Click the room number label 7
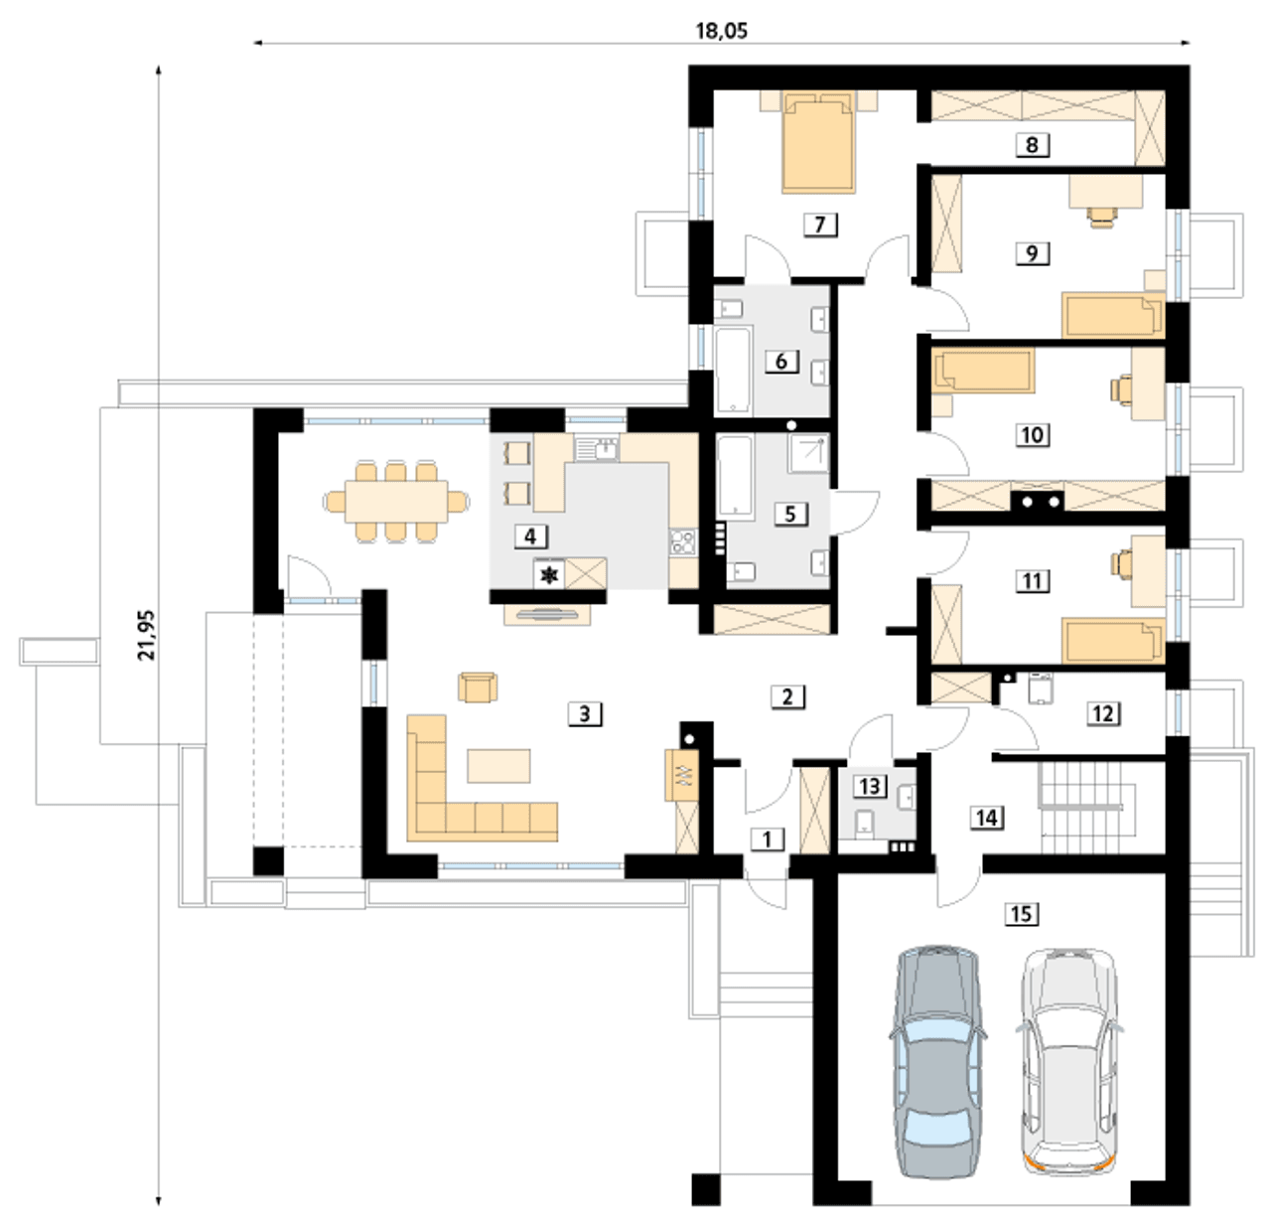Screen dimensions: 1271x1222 coord(820,225)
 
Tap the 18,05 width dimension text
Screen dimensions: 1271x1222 coord(721,31)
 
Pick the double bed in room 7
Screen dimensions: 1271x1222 coord(819,142)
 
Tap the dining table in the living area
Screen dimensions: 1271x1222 coord(396,501)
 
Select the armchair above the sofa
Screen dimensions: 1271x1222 coord(478,687)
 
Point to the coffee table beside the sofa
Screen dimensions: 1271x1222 coord(499,765)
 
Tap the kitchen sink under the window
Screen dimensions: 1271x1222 coord(597,449)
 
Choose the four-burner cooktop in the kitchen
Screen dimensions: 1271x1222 coord(683,541)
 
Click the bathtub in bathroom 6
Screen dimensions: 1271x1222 coord(733,370)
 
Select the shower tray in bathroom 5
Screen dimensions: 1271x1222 coord(808,452)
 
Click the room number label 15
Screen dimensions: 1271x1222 coord(1022,914)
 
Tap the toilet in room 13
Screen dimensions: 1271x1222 coord(865,824)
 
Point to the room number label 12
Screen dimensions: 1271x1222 coord(1103,713)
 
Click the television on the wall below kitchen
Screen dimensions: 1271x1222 coord(547,614)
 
